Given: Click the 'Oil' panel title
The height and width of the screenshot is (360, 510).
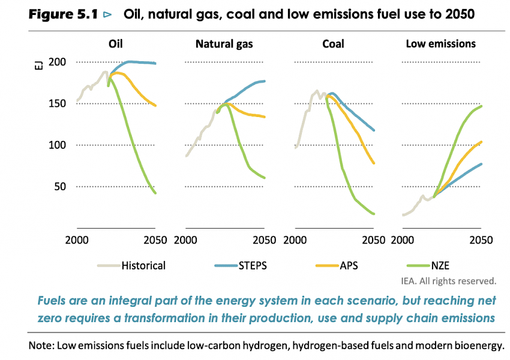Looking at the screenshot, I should (x=116, y=44).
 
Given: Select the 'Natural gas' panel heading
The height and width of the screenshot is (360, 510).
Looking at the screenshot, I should (x=224, y=44).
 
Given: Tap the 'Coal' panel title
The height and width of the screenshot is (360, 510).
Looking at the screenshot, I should (x=333, y=44).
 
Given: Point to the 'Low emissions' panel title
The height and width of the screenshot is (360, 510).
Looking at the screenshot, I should (x=441, y=44).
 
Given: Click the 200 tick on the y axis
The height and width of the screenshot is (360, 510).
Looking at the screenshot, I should (x=57, y=62).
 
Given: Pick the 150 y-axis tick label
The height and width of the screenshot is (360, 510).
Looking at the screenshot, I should (x=57, y=104).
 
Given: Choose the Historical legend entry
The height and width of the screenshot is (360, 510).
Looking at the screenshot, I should (x=143, y=265).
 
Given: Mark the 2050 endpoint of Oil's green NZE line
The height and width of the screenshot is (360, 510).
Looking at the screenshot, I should (x=155, y=193).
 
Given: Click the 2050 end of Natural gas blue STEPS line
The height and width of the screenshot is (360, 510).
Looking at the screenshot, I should (x=265, y=81).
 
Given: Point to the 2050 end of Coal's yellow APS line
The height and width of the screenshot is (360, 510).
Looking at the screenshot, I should (x=374, y=163).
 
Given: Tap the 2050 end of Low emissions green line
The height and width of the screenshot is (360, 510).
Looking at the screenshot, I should (x=481, y=106).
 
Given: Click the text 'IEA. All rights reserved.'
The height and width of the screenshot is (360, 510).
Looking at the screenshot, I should (x=448, y=280).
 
